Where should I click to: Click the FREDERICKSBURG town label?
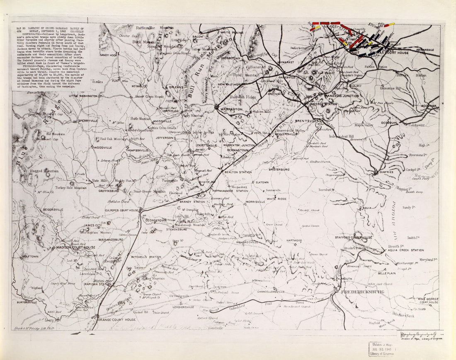pyautogui.click(x=362, y=292)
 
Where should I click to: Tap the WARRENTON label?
pyautogui.click(x=231, y=109)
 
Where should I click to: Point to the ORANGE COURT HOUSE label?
pyautogui.click(x=116, y=320)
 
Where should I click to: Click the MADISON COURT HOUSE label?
pyautogui.click(x=76, y=247)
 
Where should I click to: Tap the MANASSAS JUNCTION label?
pyautogui.click(x=342, y=96)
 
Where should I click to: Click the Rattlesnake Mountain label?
pyautogui.click(x=150, y=28)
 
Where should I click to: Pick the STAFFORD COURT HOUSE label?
pyautogui.click(x=354, y=237)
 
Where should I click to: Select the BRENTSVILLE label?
pyautogui.click(x=308, y=121)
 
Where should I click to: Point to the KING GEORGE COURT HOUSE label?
pyautogui.click(x=428, y=300)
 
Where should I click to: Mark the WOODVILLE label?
pyautogui.click(x=103, y=147)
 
